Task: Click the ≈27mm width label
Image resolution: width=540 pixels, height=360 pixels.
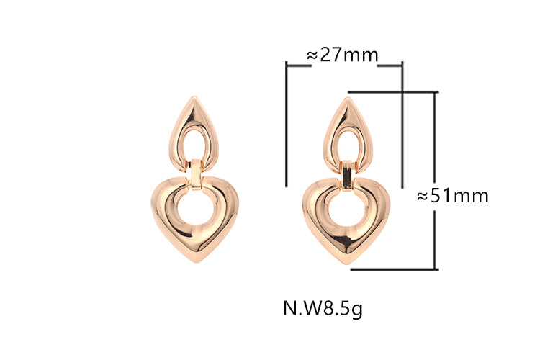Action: [x=342, y=55]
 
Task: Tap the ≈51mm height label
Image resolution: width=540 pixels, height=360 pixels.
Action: [x=453, y=196]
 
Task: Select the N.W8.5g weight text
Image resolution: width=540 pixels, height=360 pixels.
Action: [x=323, y=308]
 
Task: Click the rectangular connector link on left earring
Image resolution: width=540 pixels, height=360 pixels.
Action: [x=197, y=175]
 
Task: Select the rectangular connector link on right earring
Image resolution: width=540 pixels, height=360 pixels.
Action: [x=348, y=175]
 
